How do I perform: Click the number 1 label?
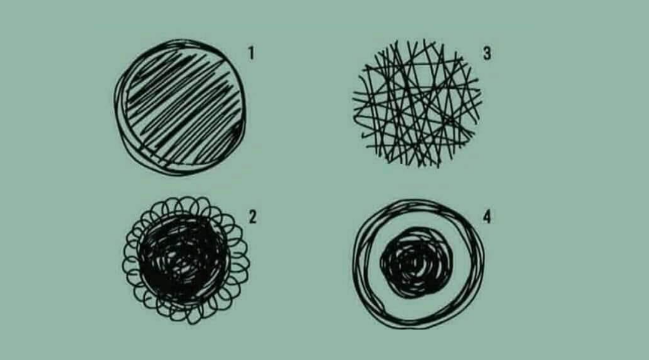pyautogui.click(x=251, y=53)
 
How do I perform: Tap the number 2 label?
pyautogui.click(x=253, y=217)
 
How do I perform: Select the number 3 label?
pyautogui.click(x=487, y=53)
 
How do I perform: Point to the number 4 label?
pyautogui.click(x=487, y=217)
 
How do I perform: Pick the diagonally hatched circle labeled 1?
pyautogui.click(x=180, y=107)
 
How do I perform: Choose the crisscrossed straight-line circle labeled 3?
pyautogui.click(x=416, y=103)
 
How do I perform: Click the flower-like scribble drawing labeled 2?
pyautogui.click(x=186, y=260)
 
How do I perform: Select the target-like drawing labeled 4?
pyautogui.click(x=418, y=264)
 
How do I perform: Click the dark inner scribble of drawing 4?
pyautogui.click(x=417, y=263)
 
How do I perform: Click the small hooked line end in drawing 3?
pyautogui.click(x=364, y=135)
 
